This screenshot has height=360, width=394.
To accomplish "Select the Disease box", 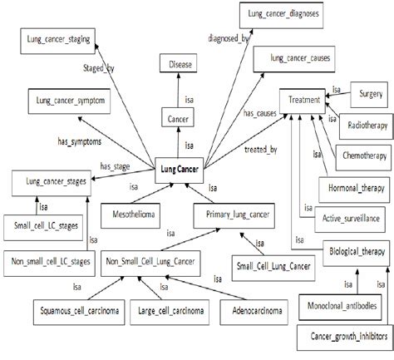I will tap(181, 63).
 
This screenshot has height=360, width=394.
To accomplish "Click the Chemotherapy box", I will tap(360, 155).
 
